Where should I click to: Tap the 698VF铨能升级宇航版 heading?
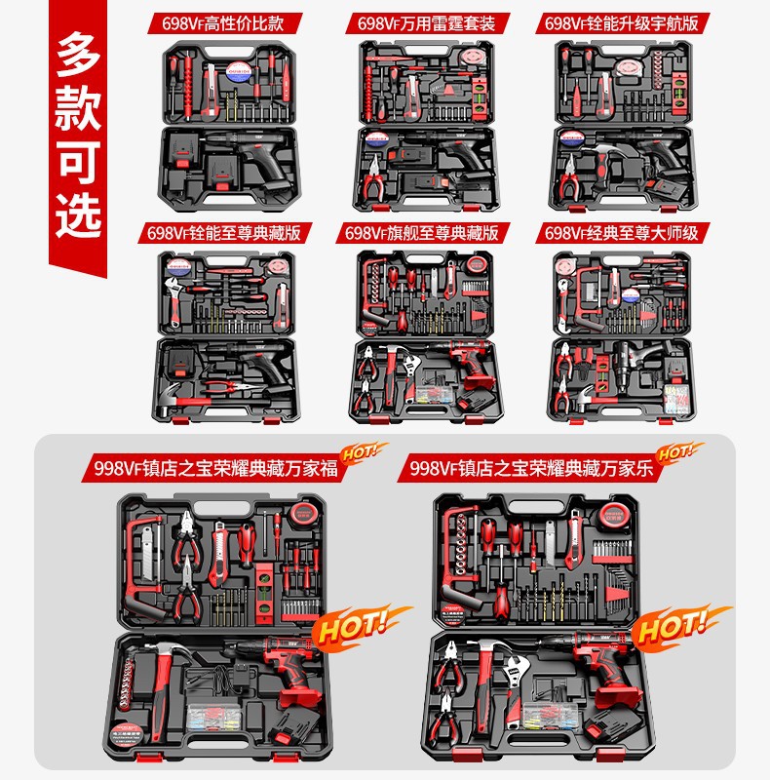[625, 22]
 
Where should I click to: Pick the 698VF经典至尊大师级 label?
[625, 232]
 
